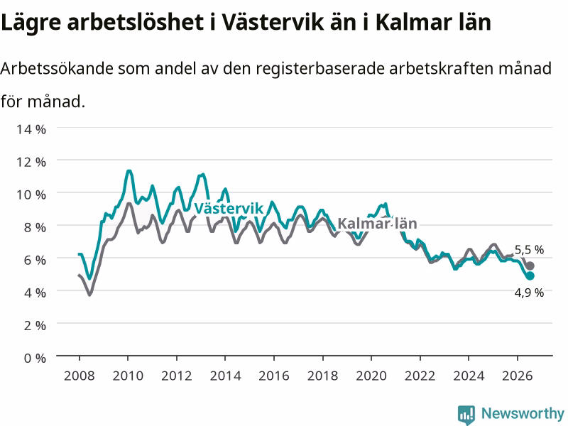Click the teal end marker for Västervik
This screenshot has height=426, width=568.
pos(530,275)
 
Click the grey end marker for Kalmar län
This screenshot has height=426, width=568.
pos(530,266)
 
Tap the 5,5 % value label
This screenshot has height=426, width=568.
pos(529,250)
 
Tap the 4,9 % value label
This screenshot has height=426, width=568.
pos(529,293)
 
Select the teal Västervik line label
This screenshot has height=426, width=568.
pos(229,208)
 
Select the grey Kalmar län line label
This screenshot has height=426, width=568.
pos(377,224)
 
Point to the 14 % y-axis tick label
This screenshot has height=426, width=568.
pos(31,129)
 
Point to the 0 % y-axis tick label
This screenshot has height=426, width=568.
pos(35,358)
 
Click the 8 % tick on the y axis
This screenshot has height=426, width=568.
pos(35,227)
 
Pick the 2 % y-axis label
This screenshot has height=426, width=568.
pos(35,325)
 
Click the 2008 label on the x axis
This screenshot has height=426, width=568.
pos(80,376)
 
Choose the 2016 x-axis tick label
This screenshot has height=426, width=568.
pos(274,376)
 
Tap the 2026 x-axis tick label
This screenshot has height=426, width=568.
pos(518,376)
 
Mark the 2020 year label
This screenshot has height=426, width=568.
pos(371,376)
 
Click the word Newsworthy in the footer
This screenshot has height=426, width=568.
pos(523,413)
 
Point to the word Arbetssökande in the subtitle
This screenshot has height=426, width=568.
pos(57,68)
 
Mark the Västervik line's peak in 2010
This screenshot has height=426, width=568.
pos(129,170)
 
